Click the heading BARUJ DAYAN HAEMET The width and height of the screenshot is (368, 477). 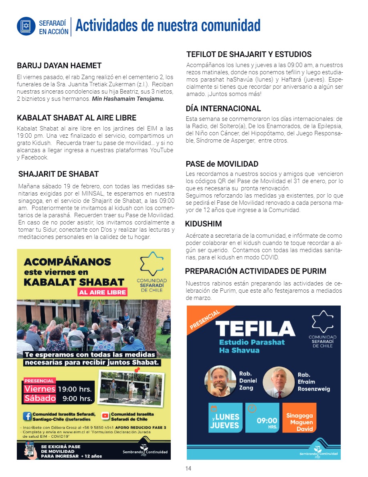59,66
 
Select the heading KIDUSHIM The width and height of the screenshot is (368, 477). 204,224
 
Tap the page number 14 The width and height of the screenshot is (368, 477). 188,469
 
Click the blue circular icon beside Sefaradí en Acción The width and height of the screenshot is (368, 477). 26,26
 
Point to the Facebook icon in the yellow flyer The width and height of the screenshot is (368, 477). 27,416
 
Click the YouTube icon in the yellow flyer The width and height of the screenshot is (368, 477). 105,416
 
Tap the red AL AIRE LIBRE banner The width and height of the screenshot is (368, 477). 103,292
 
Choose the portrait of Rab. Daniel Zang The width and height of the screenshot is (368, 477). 220,381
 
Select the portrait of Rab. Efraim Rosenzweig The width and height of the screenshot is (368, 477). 279,381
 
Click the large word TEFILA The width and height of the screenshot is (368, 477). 255,330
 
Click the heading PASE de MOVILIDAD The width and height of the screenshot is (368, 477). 222,164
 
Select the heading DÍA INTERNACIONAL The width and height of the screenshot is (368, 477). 223,108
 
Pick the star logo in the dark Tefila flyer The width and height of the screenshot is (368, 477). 322,322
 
